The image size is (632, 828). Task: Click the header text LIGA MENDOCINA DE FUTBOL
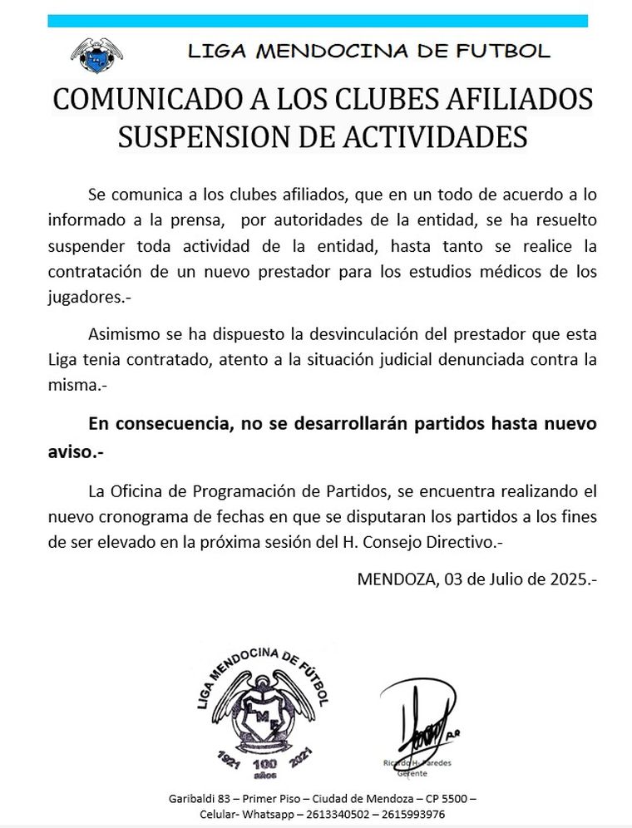[368, 52]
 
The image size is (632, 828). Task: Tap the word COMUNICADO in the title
[140, 100]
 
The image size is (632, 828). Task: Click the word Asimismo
[123, 337]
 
